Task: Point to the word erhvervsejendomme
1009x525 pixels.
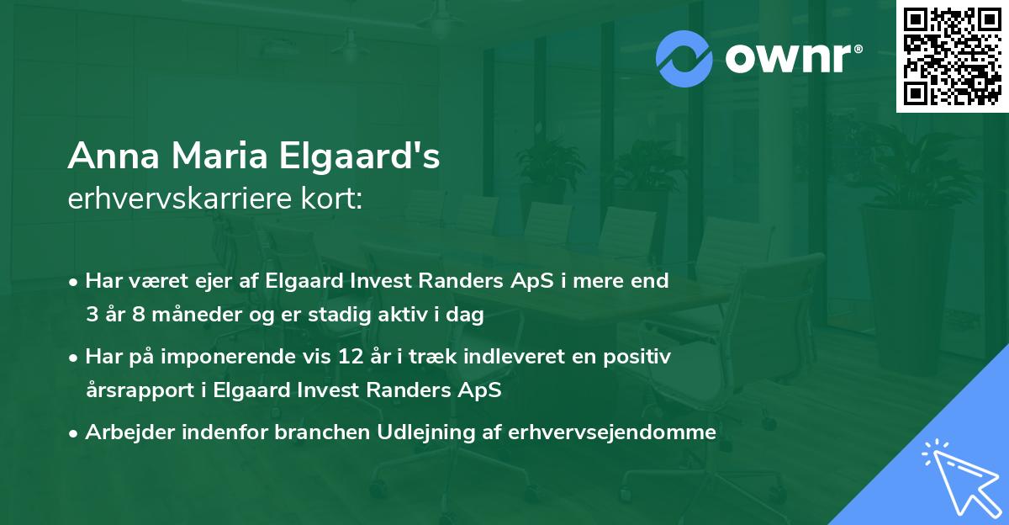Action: point(613,432)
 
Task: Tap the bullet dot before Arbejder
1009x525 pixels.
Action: point(74,433)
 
